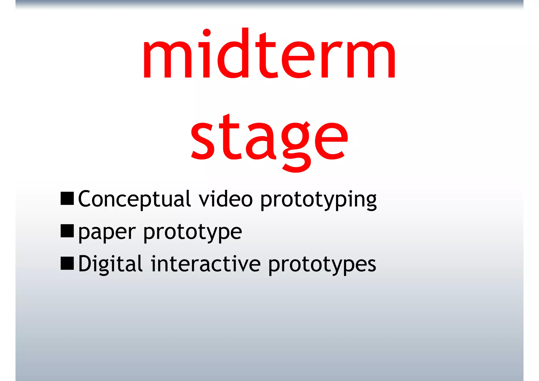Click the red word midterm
coord(269,54)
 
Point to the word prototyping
coord(318,200)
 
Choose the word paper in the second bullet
coord(107,232)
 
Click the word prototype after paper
coord(192,232)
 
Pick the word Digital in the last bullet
coord(110,264)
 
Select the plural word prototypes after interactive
coord(322,265)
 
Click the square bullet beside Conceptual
coord(67,199)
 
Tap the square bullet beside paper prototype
coord(67,231)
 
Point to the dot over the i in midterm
coord(207,33)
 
